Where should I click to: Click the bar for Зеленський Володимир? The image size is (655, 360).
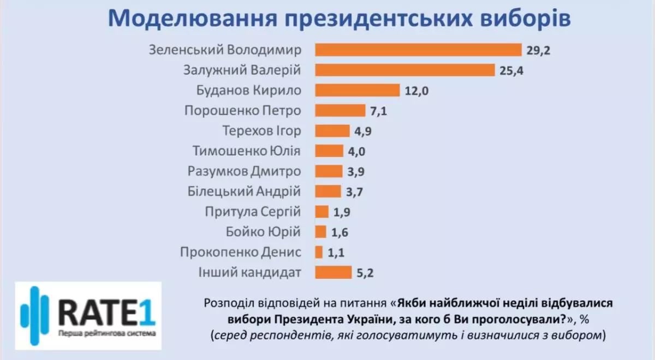(419, 50)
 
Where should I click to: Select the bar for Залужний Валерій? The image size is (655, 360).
(405, 70)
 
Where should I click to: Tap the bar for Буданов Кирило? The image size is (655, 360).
(358, 91)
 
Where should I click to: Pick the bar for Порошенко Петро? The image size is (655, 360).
(340, 111)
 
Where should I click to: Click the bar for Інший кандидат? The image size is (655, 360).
(334, 272)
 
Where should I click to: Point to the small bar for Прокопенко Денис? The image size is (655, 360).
(319, 251)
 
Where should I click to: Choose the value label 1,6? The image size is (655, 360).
(339, 232)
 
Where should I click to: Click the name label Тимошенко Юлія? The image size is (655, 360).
(247, 151)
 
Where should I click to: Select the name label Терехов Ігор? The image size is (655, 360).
(261, 131)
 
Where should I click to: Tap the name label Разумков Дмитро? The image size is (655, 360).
(243, 171)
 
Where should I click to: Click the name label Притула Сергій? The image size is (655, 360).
(252, 212)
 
